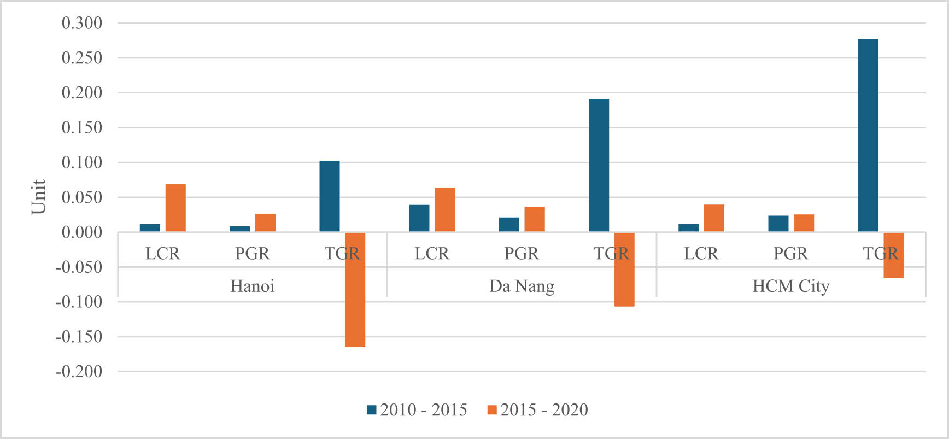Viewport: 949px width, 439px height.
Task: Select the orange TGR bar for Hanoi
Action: (355, 289)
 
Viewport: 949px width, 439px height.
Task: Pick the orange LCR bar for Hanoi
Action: (175, 208)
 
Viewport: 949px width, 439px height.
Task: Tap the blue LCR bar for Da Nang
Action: (419, 218)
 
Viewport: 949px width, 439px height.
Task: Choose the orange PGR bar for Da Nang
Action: (535, 219)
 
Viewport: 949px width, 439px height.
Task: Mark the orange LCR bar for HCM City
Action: (714, 218)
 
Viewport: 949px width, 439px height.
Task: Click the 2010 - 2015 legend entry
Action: (417, 410)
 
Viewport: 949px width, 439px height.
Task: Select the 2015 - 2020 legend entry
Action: (538, 410)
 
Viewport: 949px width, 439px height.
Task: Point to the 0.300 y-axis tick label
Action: (82, 23)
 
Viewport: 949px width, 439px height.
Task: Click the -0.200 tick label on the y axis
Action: (79, 372)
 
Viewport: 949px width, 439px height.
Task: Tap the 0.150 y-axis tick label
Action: (82, 127)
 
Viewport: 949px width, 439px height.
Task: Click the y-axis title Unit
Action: (38, 197)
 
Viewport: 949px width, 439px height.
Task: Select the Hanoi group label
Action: (252, 286)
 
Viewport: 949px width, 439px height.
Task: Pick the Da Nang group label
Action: (522, 286)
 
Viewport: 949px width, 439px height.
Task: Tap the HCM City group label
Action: (790, 286)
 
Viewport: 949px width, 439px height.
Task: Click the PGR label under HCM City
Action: (790, 254)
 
